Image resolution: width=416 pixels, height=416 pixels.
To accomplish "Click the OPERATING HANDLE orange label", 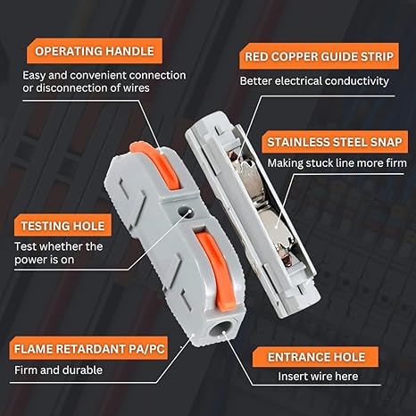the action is (x=95, y=51).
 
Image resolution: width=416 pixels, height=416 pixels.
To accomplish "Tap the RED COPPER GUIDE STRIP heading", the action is (x=319, y=56).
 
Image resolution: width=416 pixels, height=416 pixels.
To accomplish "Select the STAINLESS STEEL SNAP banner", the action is (x=335, y=142).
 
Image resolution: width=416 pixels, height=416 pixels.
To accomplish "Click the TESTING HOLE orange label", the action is (x=62, y=226).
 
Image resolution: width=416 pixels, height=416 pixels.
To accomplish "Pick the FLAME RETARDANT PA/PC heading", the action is (x=89, y=349).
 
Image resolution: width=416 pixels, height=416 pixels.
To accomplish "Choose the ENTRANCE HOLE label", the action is (x=316, y=357).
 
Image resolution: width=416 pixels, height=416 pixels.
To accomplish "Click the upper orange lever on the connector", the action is (x=155, y=164).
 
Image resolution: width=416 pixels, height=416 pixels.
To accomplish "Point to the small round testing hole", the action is (x=186, y=212).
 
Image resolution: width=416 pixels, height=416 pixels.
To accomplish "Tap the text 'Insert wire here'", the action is (x=318, y=377).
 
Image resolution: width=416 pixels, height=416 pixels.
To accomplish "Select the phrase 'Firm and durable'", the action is (x=58, y=370).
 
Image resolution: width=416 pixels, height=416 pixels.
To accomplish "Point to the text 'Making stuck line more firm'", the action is (x=337, y=163).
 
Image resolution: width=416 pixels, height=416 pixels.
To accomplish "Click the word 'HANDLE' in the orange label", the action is (x=129, y=51).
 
